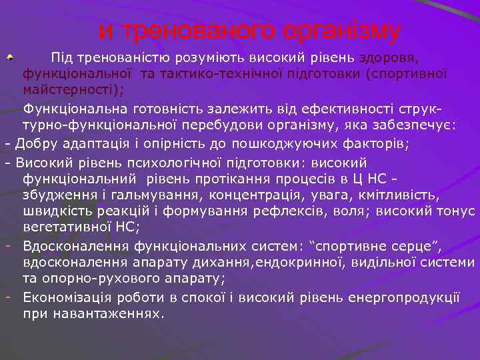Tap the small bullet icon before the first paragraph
(9, 59)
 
